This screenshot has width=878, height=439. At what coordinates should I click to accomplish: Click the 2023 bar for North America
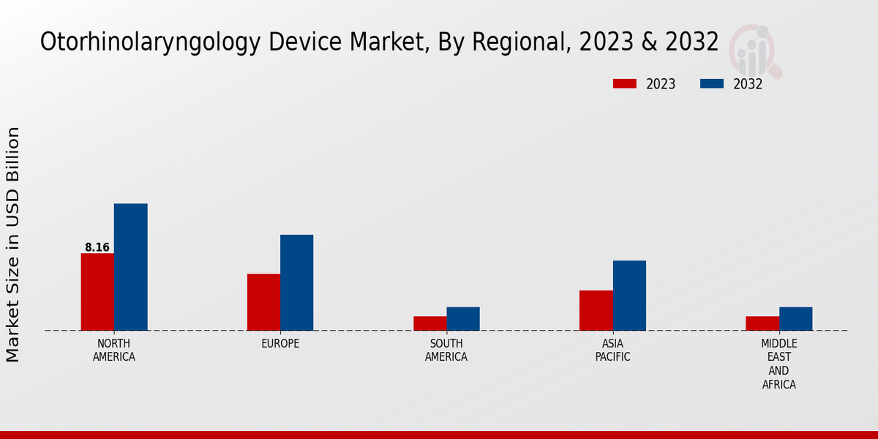tap(97, 292)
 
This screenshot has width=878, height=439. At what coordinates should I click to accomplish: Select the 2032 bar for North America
tap(130, 267)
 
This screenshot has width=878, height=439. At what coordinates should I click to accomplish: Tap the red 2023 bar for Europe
tap(263, 302)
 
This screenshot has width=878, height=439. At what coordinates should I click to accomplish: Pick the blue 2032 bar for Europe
tap(296, 282)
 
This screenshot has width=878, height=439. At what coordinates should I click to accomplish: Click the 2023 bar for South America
tap(429, 323)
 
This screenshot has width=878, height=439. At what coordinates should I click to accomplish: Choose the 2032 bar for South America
tap(463, 318)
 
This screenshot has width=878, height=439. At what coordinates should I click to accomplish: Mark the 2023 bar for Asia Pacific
tap(596, 310)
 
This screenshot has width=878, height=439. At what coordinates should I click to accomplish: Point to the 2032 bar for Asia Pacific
tap(629, 296)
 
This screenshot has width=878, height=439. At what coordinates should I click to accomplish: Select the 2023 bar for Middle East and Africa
tap(762, 323)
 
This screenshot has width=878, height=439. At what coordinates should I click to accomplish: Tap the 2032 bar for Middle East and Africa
tap(795, 318)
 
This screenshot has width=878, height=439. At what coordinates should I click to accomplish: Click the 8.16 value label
tap(97, 247)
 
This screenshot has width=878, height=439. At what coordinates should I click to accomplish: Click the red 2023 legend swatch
tap(625, 84)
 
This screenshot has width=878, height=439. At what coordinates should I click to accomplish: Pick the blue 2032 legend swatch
tap(712, 84)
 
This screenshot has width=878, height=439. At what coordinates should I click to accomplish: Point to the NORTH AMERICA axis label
tap(114, 350)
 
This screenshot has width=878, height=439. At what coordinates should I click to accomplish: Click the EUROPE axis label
tap(280, 344)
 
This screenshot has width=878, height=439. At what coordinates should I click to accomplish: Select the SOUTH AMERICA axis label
tap(446, 350)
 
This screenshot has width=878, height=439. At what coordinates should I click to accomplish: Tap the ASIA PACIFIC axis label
tap(613, 350)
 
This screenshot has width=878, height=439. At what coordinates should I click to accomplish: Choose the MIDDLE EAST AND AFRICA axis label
tap(779, 364)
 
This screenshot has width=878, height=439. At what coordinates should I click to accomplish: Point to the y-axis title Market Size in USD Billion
tap(13, 244)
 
